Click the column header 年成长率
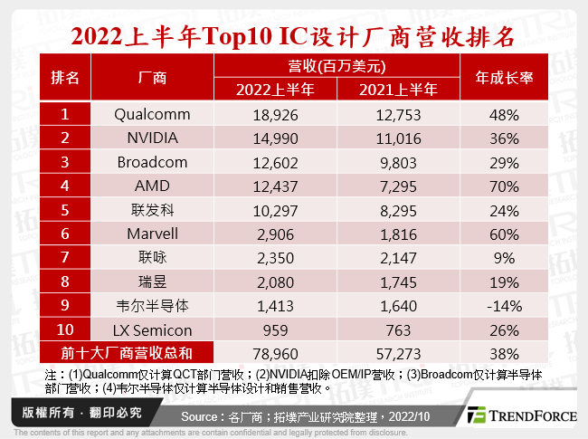[504, 78]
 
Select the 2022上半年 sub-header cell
[274, 89]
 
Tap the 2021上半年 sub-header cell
[399, 89]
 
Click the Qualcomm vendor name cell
[153, 115]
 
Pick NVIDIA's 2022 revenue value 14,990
[274, 138]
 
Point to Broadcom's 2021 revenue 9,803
[399, 162]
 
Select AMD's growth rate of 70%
[504, 186]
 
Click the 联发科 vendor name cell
[153, 209]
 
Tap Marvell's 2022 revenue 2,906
[274, 233]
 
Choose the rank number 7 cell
[65, 256]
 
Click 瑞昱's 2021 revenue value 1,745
[399, 280]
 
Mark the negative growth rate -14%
[504, 303]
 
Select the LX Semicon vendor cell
[153, 327]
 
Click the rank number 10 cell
[65, 327]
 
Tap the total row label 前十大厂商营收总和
[127, 348]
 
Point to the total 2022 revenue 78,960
[274, 348]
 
